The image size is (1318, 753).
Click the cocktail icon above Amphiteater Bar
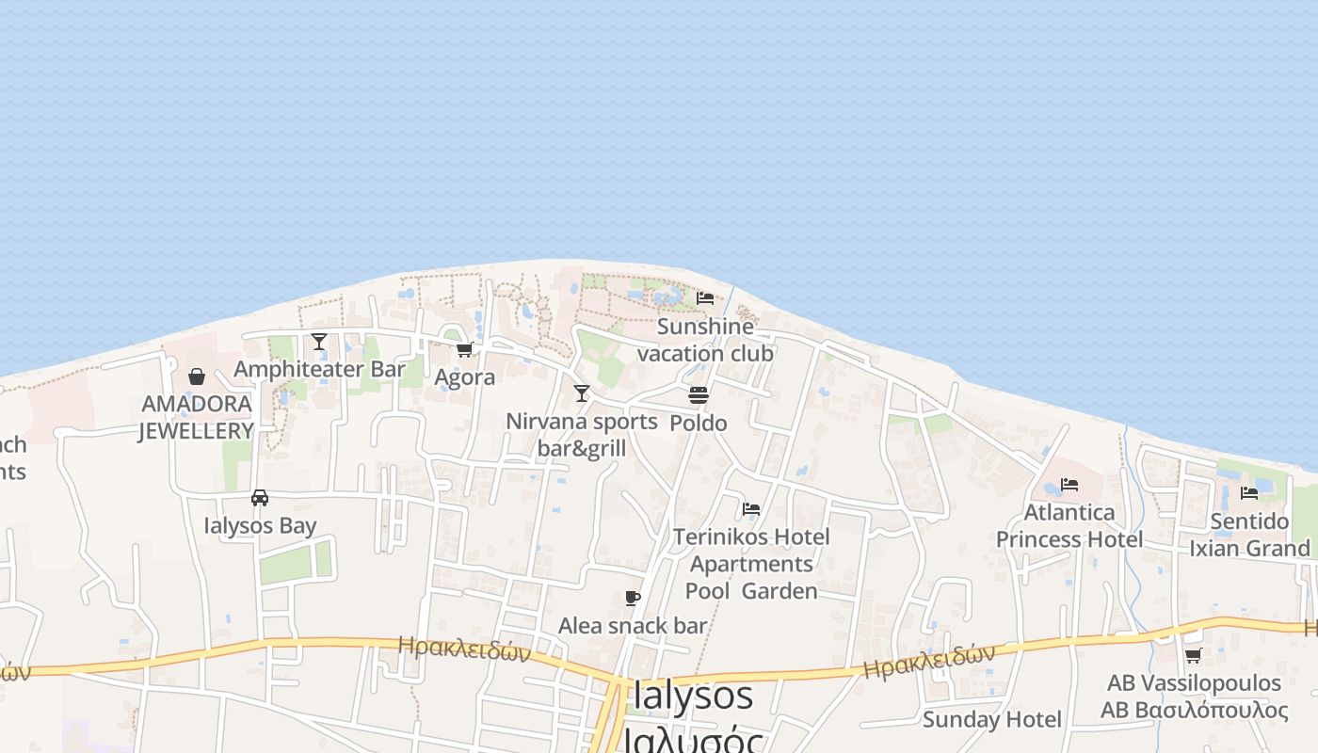319,341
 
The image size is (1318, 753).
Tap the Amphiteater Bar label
319,369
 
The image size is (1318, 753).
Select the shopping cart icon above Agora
464,350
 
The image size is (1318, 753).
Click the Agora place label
464,377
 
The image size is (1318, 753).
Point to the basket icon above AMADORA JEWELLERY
197,376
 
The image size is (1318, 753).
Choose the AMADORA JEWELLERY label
197,417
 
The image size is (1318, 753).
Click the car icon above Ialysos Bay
260,498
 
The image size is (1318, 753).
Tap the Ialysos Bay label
260,525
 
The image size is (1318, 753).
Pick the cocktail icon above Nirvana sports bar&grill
582,393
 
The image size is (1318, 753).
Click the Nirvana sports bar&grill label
582,434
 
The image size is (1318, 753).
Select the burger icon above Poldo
699,395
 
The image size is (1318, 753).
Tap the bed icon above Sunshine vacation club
705,298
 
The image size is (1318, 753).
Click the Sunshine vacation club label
705,340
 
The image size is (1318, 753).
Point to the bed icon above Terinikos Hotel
751,509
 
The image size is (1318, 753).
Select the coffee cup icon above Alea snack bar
633,599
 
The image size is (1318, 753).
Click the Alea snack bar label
633,626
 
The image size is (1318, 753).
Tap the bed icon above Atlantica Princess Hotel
1069,485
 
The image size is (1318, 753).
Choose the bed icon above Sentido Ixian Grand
1249,492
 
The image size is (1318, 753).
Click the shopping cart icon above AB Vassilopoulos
1194,655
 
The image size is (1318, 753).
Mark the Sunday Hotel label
992,720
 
